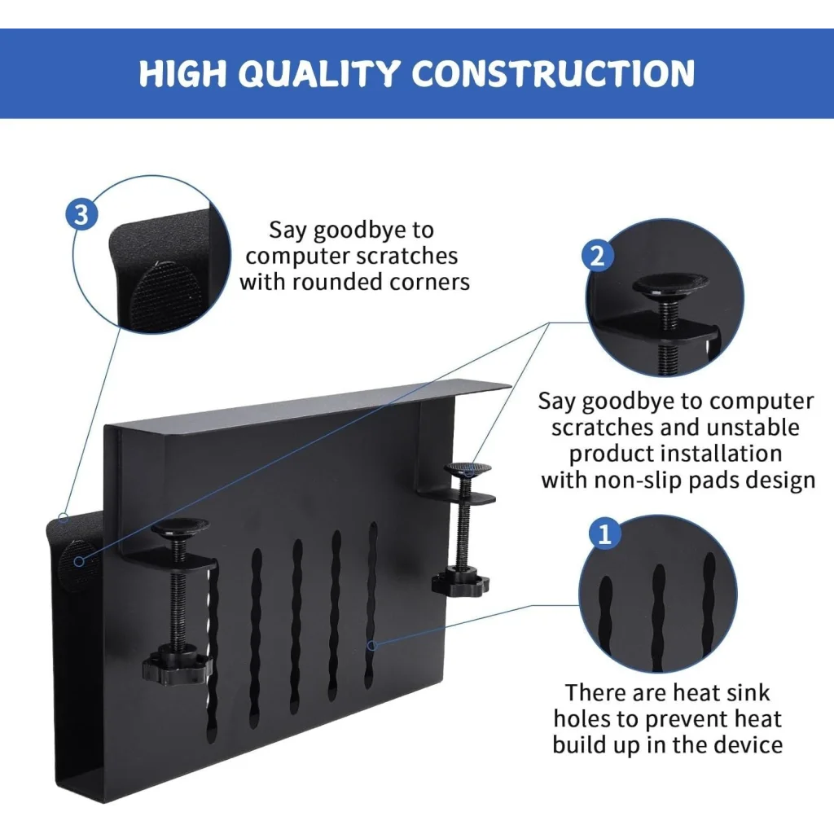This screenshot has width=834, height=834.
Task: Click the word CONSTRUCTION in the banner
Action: (x=553, y=74)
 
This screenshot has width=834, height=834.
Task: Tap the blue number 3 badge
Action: (x=81, y=215)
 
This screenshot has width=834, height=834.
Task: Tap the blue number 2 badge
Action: (x=596, y=257)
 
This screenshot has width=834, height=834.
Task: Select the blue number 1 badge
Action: (x=604, y=535)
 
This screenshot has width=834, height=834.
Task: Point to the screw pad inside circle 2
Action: (x=670, y=283)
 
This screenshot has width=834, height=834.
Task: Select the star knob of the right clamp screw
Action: (x=461, y=582)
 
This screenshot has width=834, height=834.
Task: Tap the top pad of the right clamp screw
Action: (x=467, y=469)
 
